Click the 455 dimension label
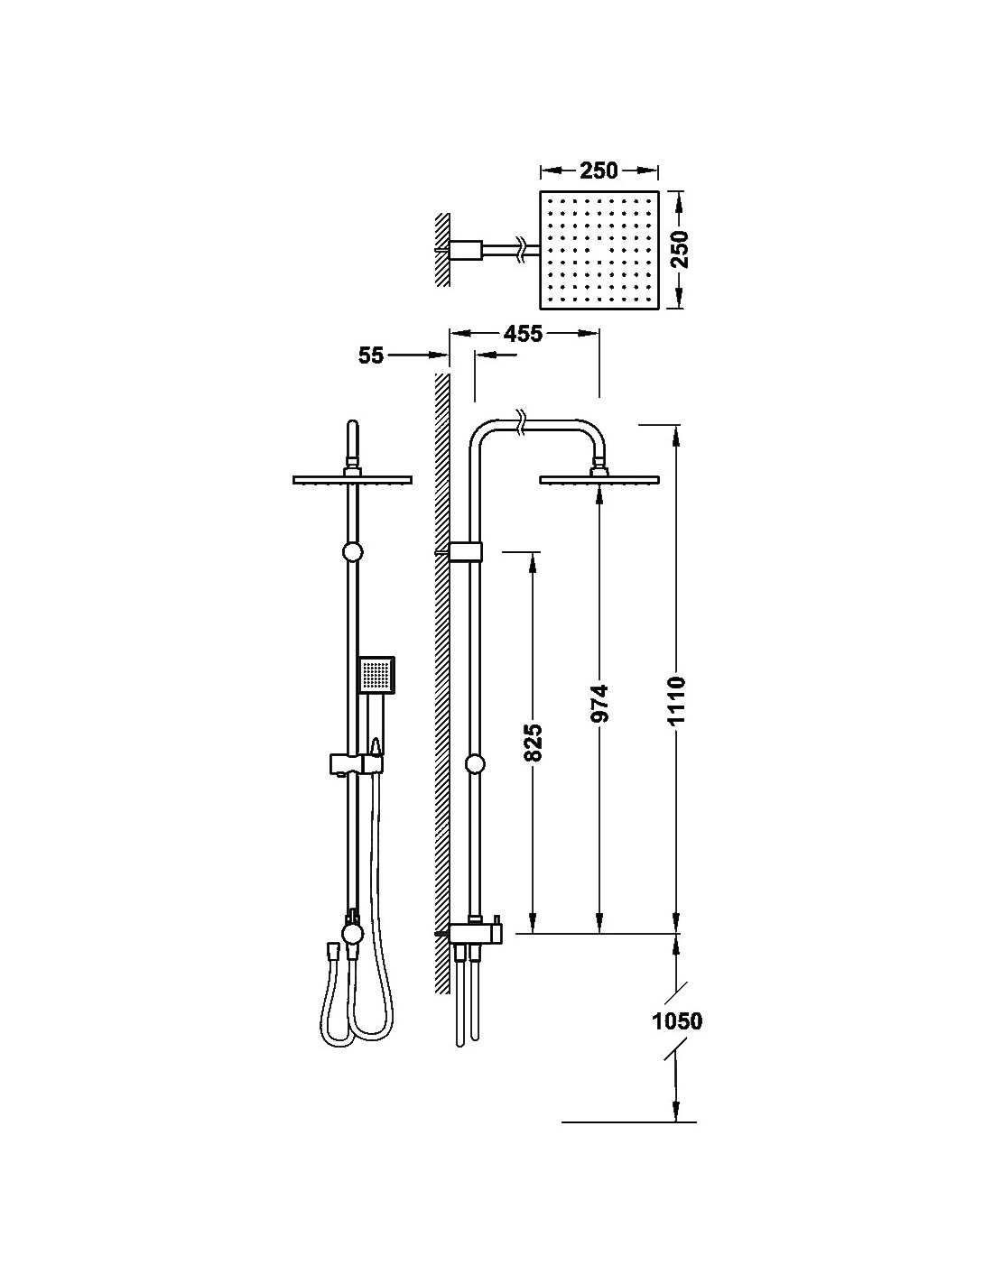[523, 334]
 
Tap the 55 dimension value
[371, 356]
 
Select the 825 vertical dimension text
[533, 742]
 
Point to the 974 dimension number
[599, 704]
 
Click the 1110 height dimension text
[678, 700]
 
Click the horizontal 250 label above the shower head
[599, 171]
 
